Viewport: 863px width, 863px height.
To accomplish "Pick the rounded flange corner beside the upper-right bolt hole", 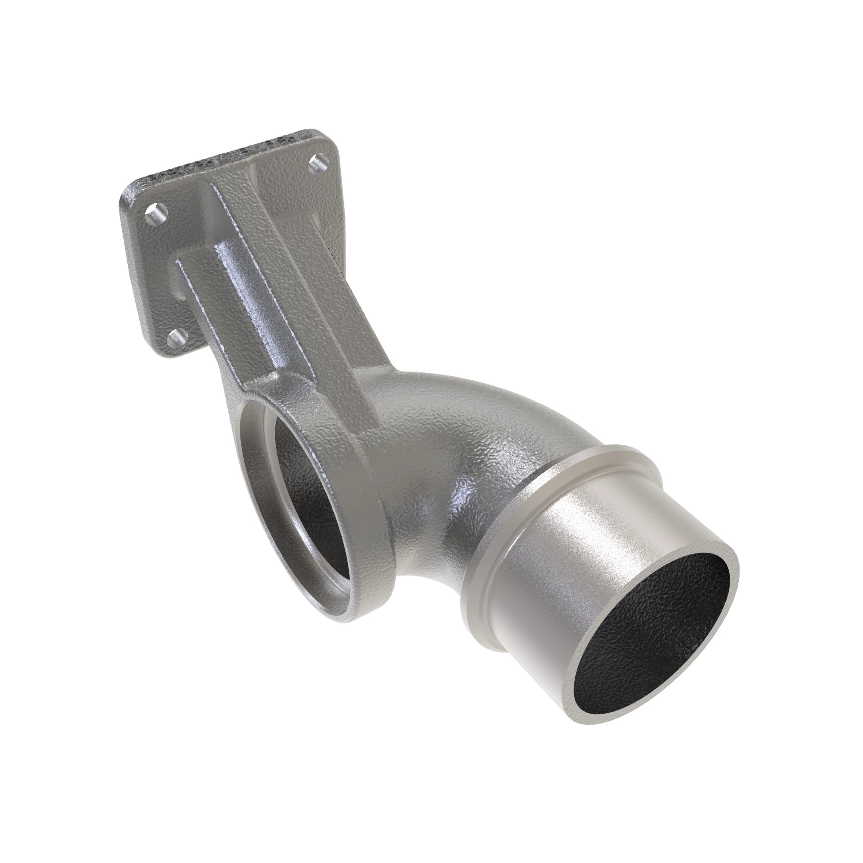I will (333, 143).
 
